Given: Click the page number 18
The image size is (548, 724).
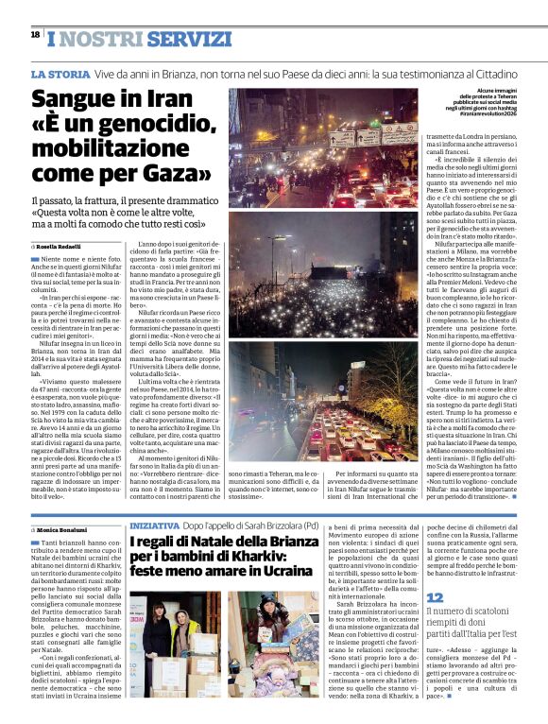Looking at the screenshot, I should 35,34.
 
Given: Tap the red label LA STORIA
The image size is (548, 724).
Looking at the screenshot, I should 60,73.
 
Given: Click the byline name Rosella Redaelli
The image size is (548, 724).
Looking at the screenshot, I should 60,246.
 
